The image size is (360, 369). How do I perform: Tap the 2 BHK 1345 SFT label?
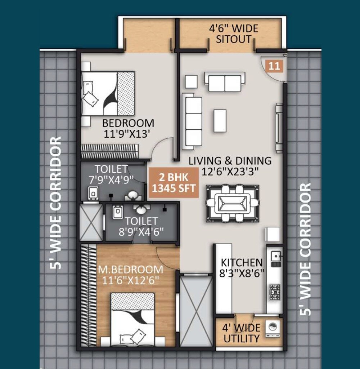coord(174,183)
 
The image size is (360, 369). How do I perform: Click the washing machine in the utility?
coord(273,328)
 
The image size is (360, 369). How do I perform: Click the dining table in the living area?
coord(232,203)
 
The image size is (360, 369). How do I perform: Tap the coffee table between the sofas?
coord(220,120)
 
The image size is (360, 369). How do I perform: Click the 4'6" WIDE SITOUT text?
coord(234,34)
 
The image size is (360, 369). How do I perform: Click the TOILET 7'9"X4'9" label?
coord(112,173)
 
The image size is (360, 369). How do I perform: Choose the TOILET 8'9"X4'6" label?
coord(141,226)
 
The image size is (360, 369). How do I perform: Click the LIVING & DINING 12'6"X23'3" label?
coord(230,165)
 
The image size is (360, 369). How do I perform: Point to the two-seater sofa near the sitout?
coord(225,82)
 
